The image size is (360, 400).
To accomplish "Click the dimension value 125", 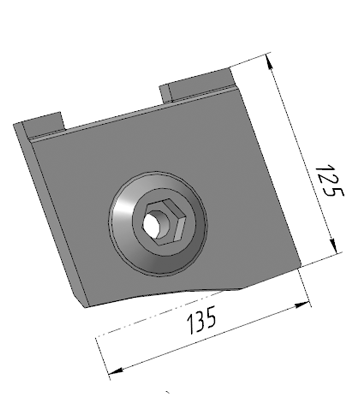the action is pos(329,180).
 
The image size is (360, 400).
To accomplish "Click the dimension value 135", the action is pos(202,320).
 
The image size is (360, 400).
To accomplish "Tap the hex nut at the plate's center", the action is pos(163,222).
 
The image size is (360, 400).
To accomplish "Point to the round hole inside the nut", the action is pos(152,223).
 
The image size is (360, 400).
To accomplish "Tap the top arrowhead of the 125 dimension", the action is pos(269,63).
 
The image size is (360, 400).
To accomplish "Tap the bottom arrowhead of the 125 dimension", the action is pos(334,244).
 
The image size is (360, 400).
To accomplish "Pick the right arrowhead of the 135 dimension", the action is pos(303,305).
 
